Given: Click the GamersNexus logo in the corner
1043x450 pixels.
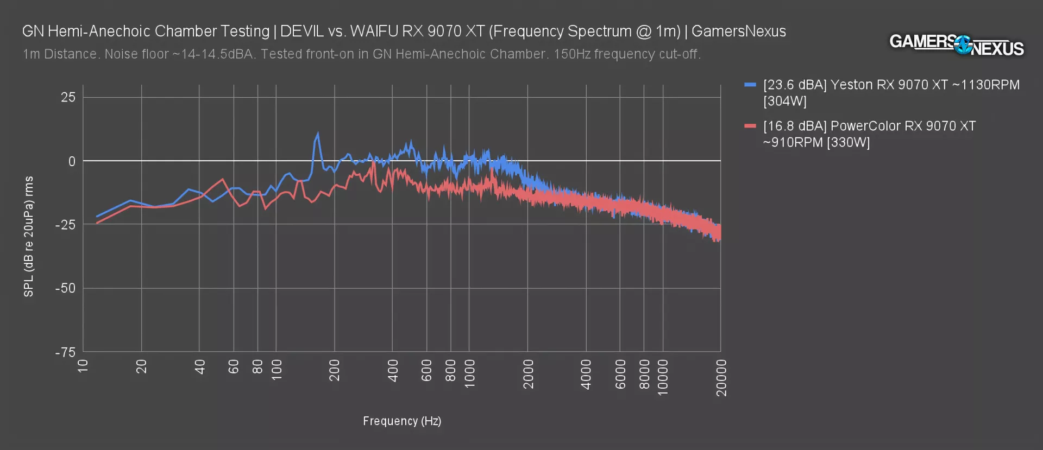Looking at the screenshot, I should (956, 45).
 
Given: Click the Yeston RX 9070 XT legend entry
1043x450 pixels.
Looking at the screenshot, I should (891, 93).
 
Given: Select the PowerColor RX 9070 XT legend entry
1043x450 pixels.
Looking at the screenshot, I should (869, 134).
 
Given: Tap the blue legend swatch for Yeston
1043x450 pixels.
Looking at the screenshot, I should (750, 85).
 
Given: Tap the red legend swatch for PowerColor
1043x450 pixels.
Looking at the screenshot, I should (750, 126).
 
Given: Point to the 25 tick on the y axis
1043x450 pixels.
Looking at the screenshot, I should (68, 98).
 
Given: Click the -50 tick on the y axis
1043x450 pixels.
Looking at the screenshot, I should (66, 288).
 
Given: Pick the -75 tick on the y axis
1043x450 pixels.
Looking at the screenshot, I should (66, 352).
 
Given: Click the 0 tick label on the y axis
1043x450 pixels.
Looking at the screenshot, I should (72, 161).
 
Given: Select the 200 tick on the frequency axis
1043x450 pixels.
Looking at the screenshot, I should (335, 370).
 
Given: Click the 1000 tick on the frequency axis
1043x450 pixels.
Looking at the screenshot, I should (469, 373).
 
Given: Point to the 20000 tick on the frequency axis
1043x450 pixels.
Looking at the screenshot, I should (721, 378).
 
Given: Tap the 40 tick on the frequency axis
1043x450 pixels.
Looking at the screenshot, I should (200, 367).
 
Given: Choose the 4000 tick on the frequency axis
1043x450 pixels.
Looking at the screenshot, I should (586, 374).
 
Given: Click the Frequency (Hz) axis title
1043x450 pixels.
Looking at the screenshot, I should (402, 421).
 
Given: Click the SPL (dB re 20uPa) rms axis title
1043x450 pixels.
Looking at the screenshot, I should (29, 237).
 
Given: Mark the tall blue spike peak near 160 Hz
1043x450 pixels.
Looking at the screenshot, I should (318, 133).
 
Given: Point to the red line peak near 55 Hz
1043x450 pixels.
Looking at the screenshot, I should (223, 179).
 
